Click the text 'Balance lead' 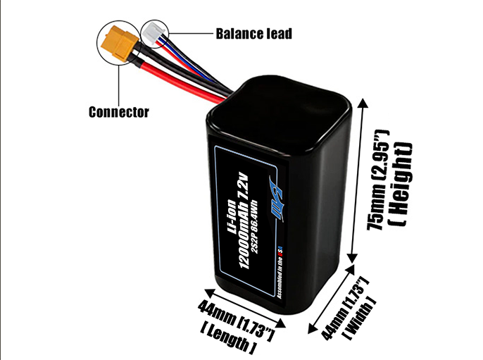(253, 33)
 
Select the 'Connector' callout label (119, 112)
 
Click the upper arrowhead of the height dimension (363, 104)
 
